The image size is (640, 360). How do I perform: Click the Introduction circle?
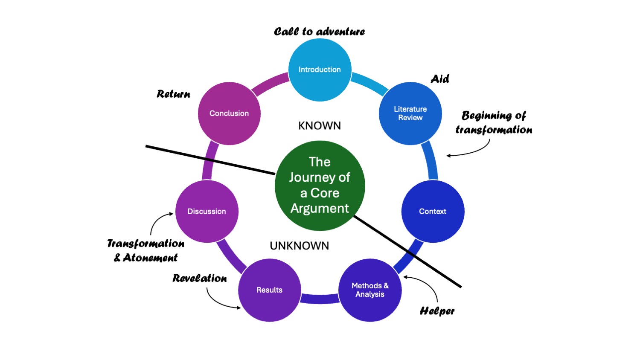(320, 70)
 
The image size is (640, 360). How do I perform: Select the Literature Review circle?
(410, 113)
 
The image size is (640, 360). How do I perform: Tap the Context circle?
(433, 212)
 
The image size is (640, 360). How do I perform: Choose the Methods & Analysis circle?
(370, 290)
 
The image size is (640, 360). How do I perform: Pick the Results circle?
(269, 290)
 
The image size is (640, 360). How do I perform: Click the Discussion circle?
(207, 212)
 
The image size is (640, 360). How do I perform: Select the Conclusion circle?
(229, 113)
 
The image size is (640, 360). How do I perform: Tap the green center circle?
(320, 186)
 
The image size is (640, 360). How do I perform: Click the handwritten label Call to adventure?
(319, 32)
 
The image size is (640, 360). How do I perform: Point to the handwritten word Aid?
(440, 79)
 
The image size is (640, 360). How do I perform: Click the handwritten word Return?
(173, 94)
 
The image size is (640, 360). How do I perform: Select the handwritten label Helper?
(437, 311)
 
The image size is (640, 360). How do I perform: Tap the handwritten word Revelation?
(200, 279)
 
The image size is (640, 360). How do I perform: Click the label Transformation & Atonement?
(146, 250)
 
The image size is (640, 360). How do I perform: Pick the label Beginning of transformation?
(494, 122)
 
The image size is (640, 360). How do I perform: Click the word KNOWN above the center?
(320, 126)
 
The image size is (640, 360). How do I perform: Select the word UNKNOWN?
(300, 246)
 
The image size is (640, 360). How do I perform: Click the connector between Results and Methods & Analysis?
(320, 299)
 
